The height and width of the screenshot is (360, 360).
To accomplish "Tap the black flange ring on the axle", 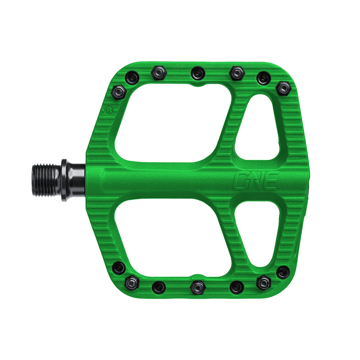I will [x=64, y=180].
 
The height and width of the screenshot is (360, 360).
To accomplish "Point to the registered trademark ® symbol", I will [x=108, y=109].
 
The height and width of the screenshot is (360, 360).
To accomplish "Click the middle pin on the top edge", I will [x=198, y=73].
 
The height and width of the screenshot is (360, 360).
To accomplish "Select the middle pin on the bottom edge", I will [x=198, y=287].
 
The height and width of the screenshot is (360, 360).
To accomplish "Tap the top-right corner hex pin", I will [x=283, y=88].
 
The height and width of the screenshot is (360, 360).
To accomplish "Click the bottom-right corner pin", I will [x=283, y=272].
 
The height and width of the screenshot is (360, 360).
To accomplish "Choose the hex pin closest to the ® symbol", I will [x=118, y=92].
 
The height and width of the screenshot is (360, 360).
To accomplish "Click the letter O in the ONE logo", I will [x=241, y=181].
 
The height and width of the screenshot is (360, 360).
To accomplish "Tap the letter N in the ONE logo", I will [x=256, y=181].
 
